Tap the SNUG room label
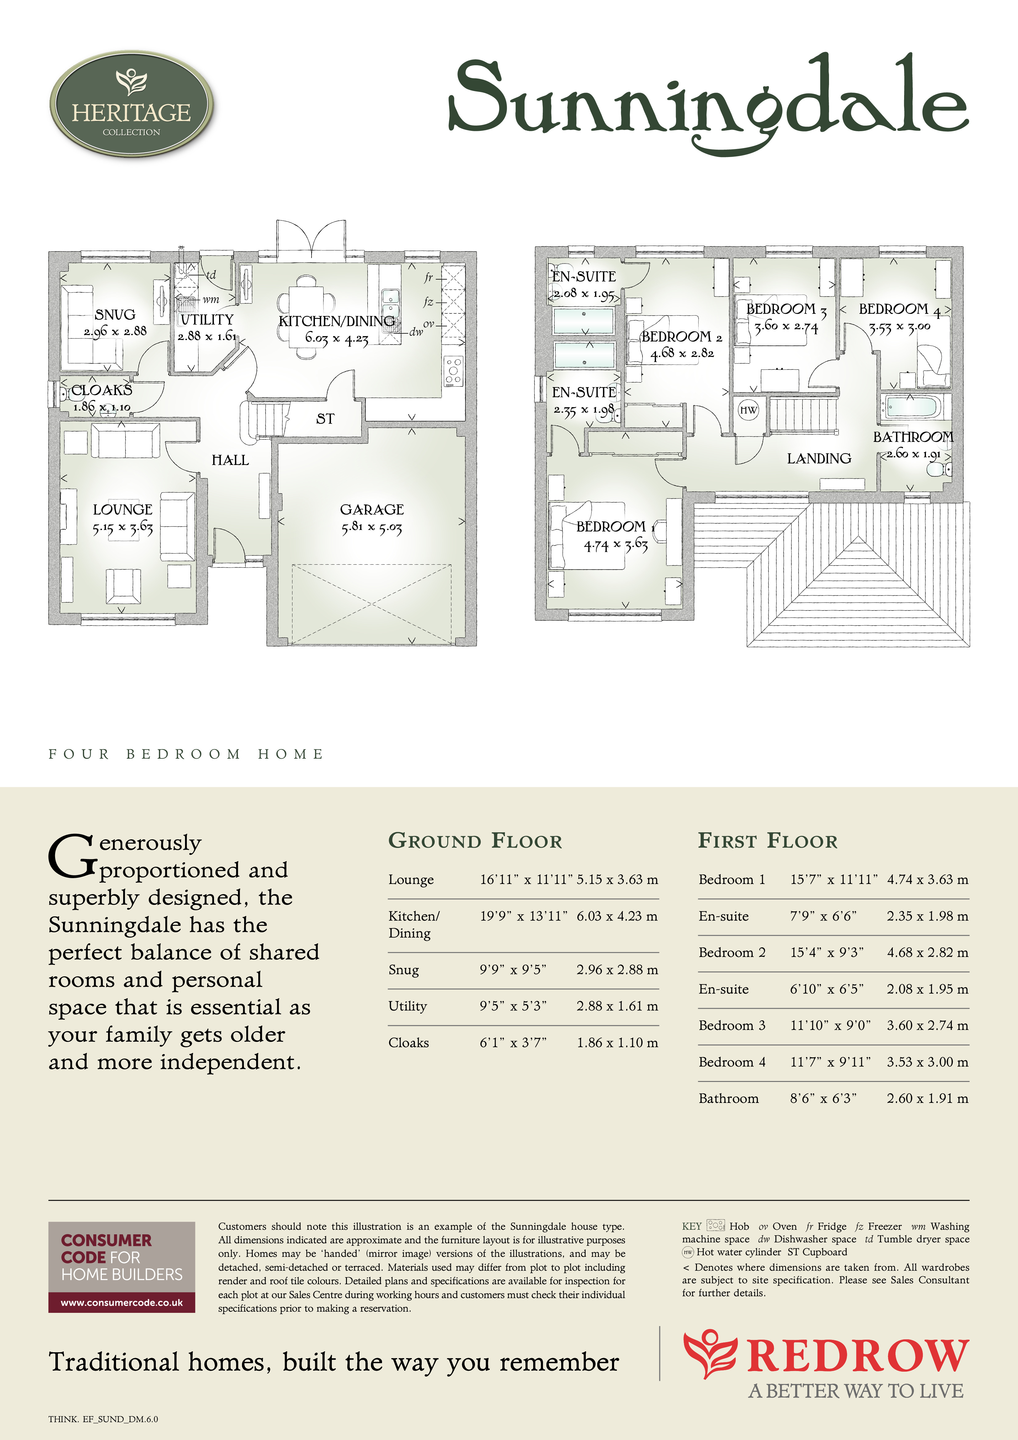(x=115, y=314)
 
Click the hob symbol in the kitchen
(x=453, y=371)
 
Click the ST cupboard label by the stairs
(x=325, y=418)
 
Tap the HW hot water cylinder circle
(x=748, y=410)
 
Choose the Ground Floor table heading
(x=475, y=841)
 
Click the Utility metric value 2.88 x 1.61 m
(x=617, y=1006)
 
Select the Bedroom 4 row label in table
(x=732, y=1062)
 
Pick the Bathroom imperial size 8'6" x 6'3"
(x=823, y=1098)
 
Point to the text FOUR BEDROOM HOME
(x=186, y=754)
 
